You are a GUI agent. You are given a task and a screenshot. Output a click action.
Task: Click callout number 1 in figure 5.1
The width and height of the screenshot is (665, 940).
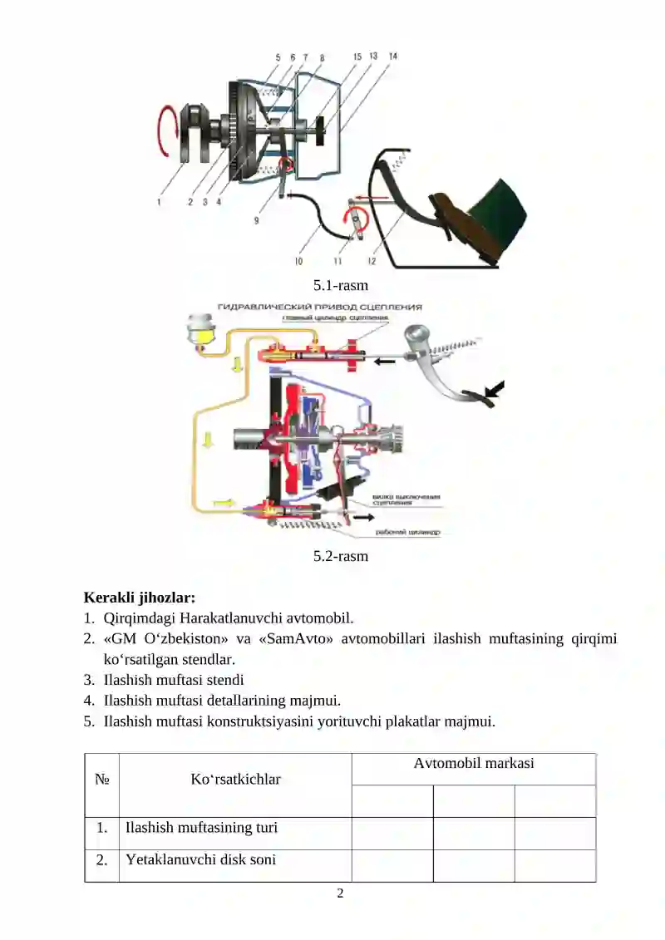[159, 200]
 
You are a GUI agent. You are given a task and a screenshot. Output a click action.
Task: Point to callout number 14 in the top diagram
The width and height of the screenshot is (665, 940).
[392, 57]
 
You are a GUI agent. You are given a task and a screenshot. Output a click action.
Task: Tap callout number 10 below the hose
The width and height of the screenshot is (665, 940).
[298, 262]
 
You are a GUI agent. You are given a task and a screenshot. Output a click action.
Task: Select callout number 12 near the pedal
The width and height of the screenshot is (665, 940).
[372, 262]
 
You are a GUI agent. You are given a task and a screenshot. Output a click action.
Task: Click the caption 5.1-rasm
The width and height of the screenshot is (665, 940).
[340, 285]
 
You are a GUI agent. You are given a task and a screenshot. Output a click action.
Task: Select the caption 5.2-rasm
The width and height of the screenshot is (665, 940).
[340, 556]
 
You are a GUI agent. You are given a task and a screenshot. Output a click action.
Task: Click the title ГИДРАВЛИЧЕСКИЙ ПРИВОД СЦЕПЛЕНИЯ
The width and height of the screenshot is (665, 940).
[320, 307]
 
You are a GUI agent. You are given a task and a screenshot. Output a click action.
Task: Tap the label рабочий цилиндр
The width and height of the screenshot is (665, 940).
[407, 531]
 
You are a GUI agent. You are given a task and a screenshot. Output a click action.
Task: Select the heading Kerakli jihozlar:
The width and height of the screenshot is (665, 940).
[140, 597]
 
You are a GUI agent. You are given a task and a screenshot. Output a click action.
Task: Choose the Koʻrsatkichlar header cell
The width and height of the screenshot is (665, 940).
[235, 780]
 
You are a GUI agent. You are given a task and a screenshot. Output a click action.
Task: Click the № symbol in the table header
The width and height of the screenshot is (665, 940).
[101, 780]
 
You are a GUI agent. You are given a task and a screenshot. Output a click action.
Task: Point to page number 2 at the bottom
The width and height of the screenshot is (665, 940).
[339, 893]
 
